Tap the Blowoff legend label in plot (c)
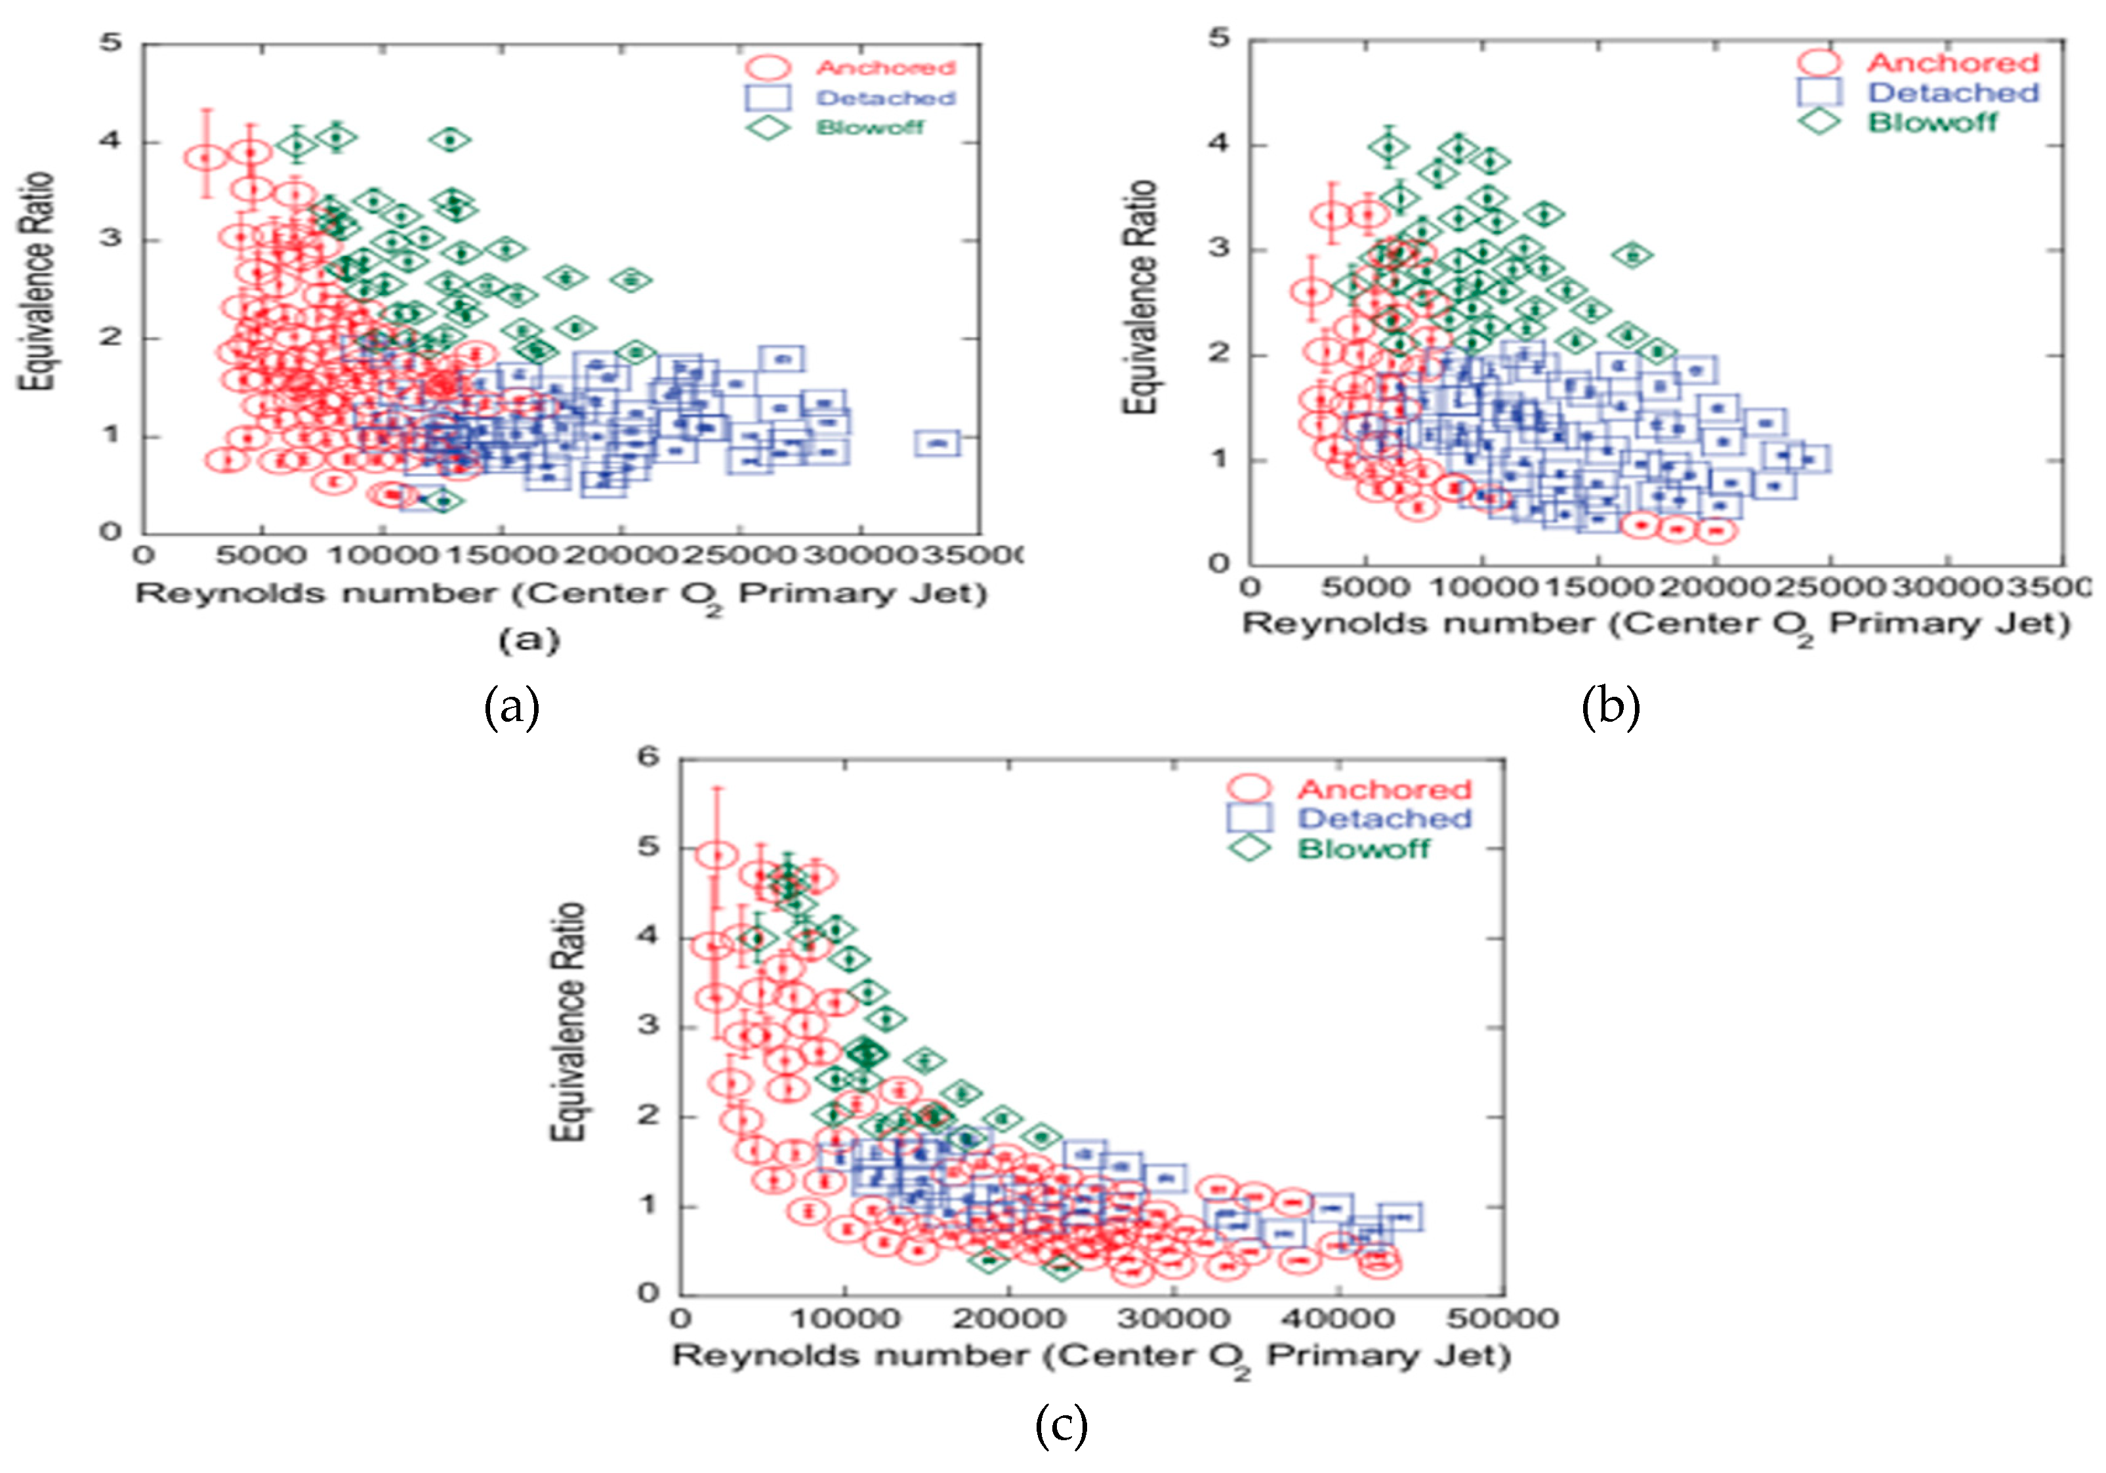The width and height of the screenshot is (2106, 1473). pos(1363,848)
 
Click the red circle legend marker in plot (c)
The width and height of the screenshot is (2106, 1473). pos(1249,789)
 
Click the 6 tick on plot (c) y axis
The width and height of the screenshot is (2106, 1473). pos(648,758)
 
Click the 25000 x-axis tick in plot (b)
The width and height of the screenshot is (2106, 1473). pos(1828,585)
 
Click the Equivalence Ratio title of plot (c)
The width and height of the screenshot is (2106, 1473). pos(568,1022)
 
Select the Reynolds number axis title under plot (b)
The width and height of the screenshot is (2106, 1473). pos(1657,625)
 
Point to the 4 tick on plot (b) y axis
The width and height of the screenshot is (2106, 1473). pos(1219,144)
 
